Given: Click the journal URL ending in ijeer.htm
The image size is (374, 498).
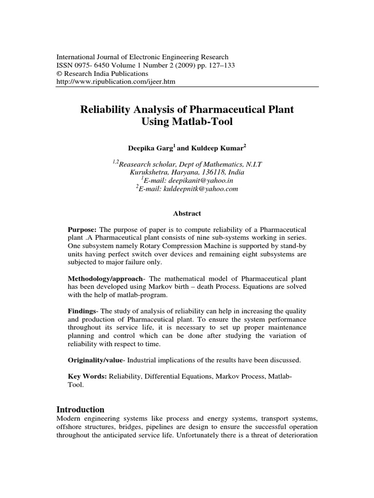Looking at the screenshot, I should tap(116, 82).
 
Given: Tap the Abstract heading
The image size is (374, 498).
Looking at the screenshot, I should tap(187, 213).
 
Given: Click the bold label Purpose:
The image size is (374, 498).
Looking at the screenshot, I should tap(82, 229).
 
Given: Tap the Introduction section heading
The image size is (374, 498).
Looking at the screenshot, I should tap(80, 409).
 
